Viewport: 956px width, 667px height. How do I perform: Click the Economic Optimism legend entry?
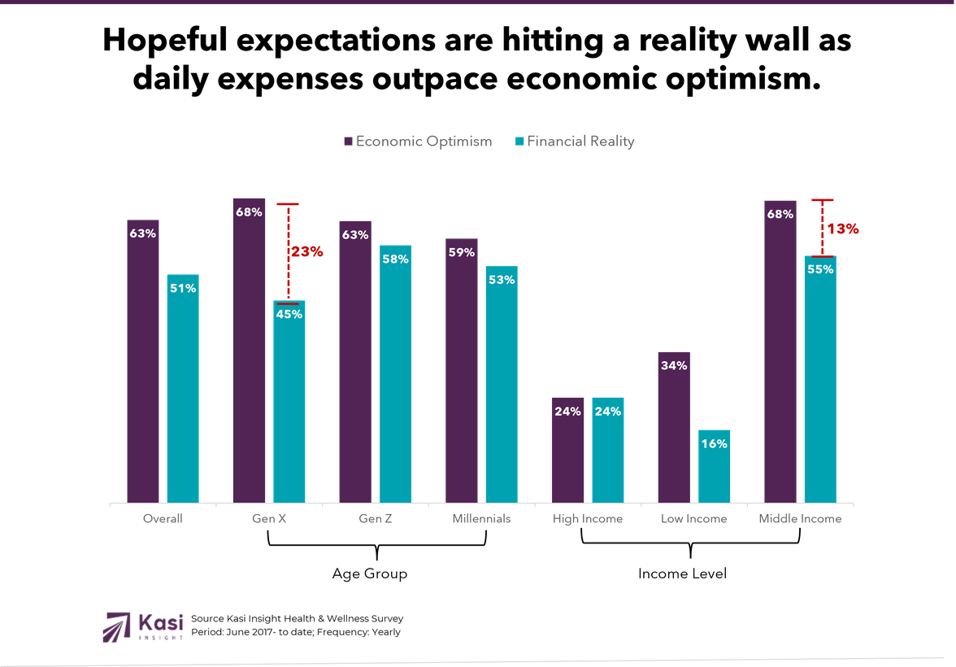418,142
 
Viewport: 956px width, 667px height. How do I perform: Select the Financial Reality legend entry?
575,142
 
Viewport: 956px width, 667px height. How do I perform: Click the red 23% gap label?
307,252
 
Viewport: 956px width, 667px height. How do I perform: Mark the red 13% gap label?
843,229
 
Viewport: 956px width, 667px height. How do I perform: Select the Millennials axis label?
481,519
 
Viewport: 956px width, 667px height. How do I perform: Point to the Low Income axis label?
693,519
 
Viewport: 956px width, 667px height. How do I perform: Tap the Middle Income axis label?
800,519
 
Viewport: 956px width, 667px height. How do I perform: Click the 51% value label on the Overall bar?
184,287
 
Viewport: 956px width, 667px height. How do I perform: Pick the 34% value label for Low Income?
674,365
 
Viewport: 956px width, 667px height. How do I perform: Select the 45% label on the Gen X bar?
289,314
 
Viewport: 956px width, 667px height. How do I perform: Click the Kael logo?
143,626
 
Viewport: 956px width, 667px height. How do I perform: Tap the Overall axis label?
163,519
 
